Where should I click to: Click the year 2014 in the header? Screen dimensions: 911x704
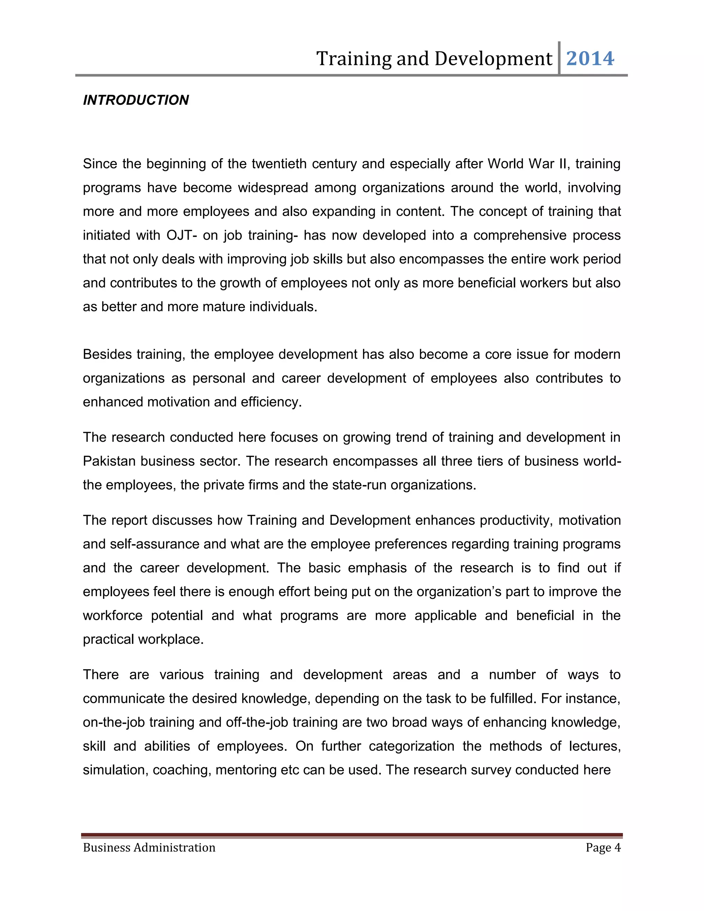[x=590, y=58]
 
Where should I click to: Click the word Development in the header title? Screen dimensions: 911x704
[x=493, y=58]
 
